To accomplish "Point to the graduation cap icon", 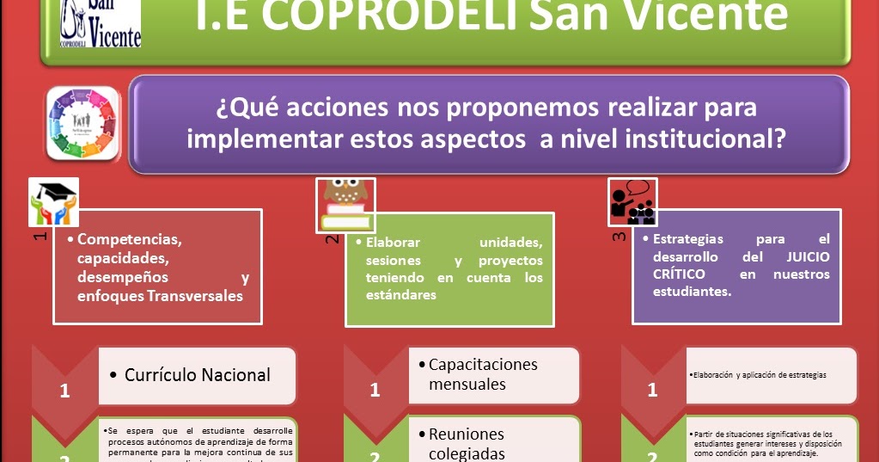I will [x=53, y=203].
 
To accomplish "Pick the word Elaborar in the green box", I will [x=394, y=243].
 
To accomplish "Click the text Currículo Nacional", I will [x=198, y=375].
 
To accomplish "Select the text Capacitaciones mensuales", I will [x=483, y=374].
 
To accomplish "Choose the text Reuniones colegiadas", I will [x=467, y=443].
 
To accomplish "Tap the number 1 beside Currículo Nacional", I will [x=64, y=391].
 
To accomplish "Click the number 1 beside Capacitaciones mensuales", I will [x=375, y=390].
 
